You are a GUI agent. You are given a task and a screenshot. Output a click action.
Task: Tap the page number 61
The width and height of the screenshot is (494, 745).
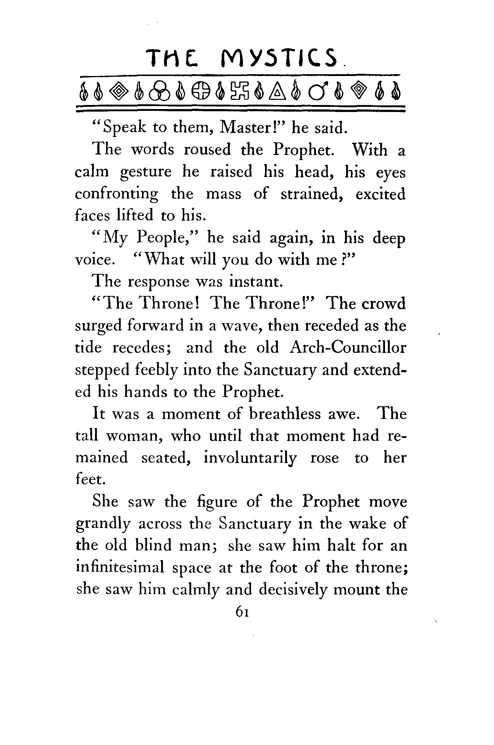pos(243,612)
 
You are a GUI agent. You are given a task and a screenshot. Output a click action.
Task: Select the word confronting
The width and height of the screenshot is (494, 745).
pos(117,194)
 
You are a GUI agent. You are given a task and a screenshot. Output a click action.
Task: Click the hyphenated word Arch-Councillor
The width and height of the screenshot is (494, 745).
pos(348,348)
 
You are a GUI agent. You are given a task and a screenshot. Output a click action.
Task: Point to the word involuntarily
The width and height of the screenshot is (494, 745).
pos(250,458)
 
